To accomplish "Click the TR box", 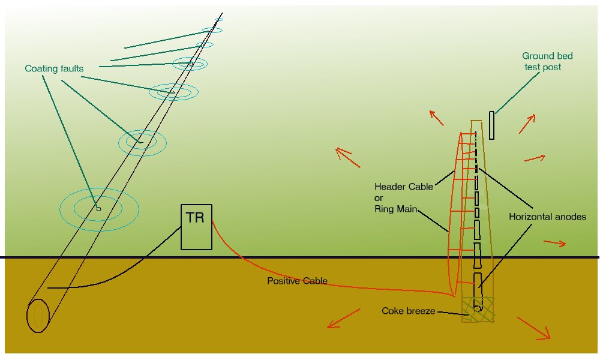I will point(196,227).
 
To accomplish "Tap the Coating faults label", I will point(54,68).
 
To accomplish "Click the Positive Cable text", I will point(297,281).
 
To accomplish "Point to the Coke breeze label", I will point(408,311).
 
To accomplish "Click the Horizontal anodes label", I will point(547,217).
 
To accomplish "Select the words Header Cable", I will point(403,187).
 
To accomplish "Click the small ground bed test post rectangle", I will point(491,125).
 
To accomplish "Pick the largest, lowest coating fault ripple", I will point(99,208).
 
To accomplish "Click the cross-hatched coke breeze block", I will point(478,310).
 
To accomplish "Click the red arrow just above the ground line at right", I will point(554,243).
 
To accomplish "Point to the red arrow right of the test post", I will point(535,158).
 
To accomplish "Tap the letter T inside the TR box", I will point(190,218).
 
